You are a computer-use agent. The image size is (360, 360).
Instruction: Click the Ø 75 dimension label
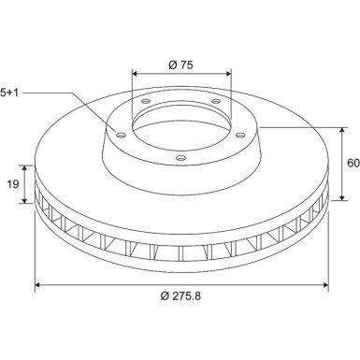[180, 65]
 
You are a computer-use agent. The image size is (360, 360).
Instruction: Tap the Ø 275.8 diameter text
[180, 295]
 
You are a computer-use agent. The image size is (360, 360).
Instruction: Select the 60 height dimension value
[353, 163]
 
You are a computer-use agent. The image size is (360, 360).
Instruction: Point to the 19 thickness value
[13, 184]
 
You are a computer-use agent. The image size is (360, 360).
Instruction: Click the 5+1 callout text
[9, 93]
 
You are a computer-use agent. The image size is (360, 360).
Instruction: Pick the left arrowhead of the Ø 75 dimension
[135, 74]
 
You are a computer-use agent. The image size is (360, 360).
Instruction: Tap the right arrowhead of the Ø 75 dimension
[228, 74]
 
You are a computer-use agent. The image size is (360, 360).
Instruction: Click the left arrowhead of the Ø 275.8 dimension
[37, 285]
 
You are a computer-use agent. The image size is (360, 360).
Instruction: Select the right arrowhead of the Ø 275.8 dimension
[325, 285]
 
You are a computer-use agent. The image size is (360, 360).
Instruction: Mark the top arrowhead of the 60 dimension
[342, 131]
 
